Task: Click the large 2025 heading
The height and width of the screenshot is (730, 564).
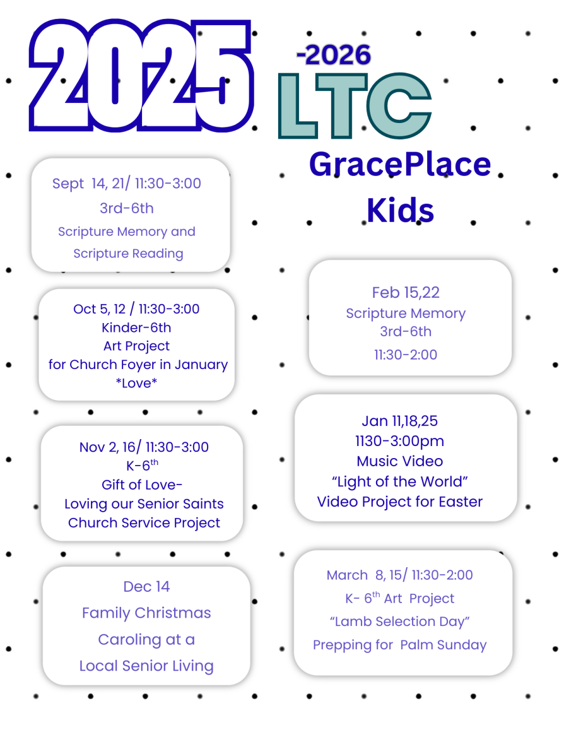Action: [x=141, y=76]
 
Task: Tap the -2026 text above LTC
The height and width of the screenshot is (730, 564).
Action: [x=334, y=55]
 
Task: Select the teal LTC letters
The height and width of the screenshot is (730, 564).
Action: [x=355, y=105]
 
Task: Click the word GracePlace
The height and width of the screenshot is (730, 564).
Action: [x=400, y=164]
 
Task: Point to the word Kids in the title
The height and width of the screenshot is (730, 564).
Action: [x=400, y=211]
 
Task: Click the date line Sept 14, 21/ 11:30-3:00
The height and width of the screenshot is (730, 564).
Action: [x=127, y=184]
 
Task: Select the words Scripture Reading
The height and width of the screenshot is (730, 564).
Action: [x=129, y=254]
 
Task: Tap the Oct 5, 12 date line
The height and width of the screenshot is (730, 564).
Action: [x=136, y=309]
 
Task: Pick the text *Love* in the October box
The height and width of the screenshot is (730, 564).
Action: [x=136, y=383]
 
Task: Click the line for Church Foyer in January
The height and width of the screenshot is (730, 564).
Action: [x=138, y=365]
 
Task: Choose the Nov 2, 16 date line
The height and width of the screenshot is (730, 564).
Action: [x=144, y=447]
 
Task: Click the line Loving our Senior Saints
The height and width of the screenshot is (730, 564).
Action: [x=144, y=503]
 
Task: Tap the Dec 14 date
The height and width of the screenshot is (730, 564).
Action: [x=146, y=587]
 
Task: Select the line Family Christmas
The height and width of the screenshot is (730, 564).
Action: [x=146, y=613]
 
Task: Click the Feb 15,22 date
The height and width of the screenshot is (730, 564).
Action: [x=406, y=292]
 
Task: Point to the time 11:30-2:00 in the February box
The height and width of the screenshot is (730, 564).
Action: [x=406, y=355]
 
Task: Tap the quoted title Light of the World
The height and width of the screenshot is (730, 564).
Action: [x=400, y=481]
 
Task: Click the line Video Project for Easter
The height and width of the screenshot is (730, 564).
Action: [x=400, y=502]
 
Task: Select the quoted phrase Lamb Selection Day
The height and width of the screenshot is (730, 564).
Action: [x=400, y=621]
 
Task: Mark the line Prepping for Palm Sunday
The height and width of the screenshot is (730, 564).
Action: [x=400, y=645]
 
